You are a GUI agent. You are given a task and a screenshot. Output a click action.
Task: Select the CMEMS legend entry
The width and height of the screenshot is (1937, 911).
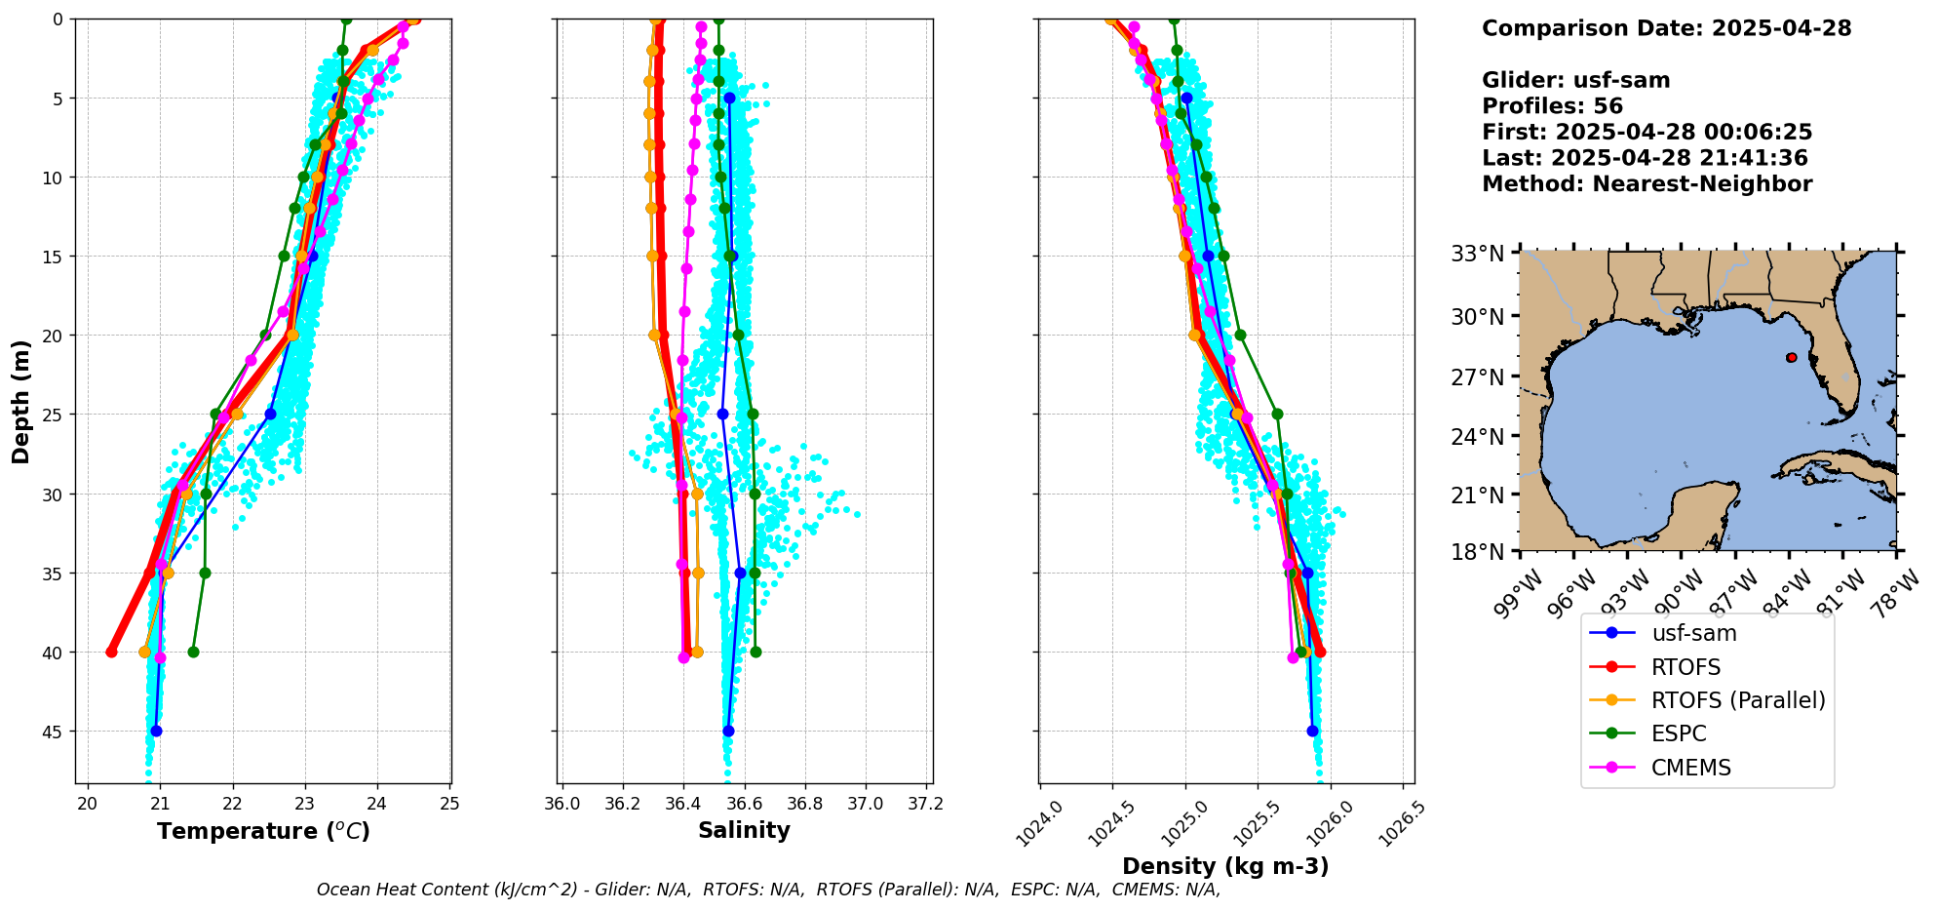(1690, 768)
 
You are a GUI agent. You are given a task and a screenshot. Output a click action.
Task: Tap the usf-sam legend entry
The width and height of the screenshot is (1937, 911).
(1693, 633)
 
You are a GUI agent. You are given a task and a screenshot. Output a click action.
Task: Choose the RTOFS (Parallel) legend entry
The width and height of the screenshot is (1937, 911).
(1737, 700)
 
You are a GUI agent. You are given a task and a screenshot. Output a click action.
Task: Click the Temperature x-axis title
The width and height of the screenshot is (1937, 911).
(263, 831)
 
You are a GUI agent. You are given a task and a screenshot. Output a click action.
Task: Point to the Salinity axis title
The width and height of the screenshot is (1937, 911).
(744, 830)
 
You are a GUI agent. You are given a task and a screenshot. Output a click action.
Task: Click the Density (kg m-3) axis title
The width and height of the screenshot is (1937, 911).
(1225, 866)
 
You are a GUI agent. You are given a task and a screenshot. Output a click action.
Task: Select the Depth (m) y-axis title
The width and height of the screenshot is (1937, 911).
(20, 402)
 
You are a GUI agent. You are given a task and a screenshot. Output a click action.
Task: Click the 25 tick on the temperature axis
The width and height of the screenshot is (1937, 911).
(450, 804)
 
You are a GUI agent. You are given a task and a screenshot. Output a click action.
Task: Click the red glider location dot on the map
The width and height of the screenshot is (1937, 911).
(1792, 358)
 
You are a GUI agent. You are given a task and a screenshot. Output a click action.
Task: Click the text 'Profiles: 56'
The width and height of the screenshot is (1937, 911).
(1552, 106)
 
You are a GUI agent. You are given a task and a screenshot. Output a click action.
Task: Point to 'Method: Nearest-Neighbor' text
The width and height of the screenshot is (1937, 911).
(1646, 184)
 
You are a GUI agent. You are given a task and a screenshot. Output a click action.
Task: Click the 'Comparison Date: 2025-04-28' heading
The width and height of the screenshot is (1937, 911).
(1666, 28)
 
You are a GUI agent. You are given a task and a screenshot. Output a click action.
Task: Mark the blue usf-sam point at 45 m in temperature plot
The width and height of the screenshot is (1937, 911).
(156, 731)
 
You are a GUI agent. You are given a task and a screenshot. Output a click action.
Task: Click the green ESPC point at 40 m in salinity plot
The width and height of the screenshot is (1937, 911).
(755, 652)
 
